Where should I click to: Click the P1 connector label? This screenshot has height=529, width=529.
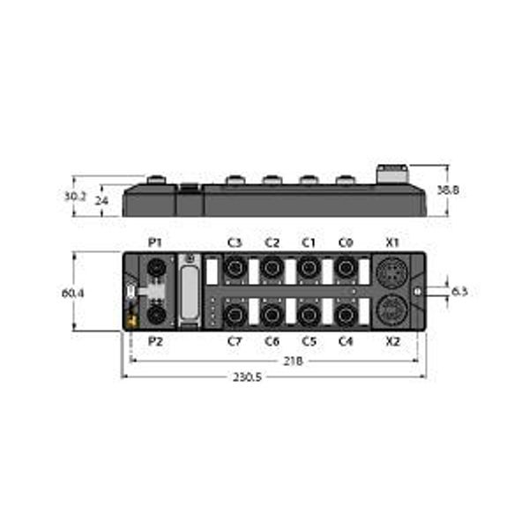point(155,242)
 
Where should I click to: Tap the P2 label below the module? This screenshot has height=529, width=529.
point(155,340)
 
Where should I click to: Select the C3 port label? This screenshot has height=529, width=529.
point(235,242)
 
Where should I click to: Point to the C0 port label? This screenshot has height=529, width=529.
point(346,242)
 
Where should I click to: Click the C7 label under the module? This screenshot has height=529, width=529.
point(235,340)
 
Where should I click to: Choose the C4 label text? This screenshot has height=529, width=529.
point(346,340)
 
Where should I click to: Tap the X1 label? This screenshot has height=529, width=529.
point(393,242)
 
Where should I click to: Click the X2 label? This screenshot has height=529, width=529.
point(393,340)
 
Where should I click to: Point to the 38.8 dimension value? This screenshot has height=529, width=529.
point(462,189)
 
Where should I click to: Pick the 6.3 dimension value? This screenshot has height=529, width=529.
point(459,291)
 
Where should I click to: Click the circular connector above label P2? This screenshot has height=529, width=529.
point(155,314)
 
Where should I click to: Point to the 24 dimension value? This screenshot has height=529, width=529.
point(102,200)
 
